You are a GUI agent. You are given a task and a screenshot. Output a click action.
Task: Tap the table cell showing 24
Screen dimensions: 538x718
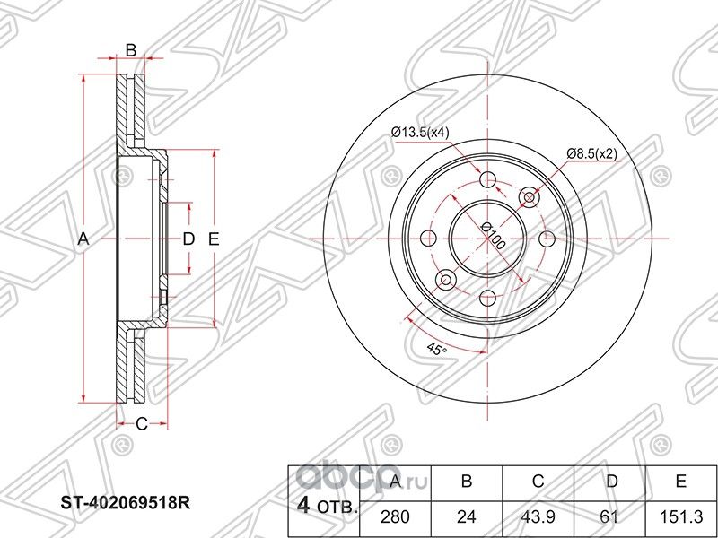point(466,516)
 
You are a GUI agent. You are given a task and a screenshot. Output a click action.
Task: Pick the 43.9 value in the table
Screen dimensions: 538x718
point(538,516)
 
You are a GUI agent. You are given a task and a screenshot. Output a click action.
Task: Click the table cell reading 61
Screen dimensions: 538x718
point(610,516)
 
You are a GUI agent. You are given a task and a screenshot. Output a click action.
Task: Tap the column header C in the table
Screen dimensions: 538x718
point(538,482)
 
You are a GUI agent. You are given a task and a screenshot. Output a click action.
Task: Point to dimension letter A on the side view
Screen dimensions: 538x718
point(83,239)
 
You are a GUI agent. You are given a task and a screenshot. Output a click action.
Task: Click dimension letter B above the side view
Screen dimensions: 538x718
point(131,50)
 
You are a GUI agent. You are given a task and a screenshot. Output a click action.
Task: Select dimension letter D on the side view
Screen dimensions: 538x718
point(188,239)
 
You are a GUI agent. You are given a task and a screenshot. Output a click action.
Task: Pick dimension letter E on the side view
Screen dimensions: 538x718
point(214,239)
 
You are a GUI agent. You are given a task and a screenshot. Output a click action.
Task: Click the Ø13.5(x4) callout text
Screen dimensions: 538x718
point(420,134)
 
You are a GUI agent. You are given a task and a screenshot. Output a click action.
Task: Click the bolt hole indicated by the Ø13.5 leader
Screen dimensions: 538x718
point(488,180)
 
